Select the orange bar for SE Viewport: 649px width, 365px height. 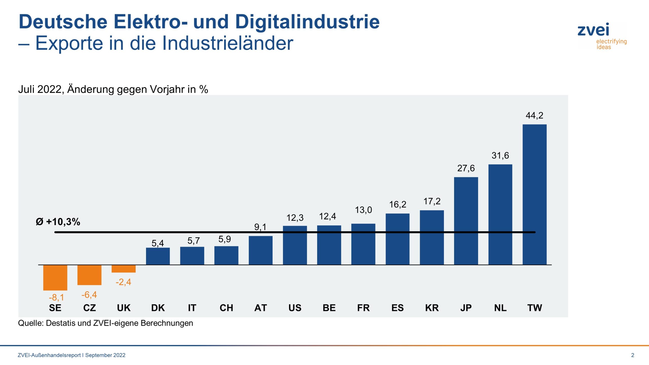55,278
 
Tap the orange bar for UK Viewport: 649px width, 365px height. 123,269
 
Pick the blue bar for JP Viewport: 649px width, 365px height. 466,221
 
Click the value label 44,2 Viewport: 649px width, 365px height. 534,116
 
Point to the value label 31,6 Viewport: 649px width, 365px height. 500,155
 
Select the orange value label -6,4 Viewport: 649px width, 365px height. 89,295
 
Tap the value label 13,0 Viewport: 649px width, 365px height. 363,210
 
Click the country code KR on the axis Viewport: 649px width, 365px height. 432,308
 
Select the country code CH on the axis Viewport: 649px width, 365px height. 226,308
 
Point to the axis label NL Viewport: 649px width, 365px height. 500,308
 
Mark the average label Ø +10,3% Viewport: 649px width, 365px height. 58,222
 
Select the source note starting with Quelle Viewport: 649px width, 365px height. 105,323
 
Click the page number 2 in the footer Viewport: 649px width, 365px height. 633,355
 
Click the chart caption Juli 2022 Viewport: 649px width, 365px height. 41,89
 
